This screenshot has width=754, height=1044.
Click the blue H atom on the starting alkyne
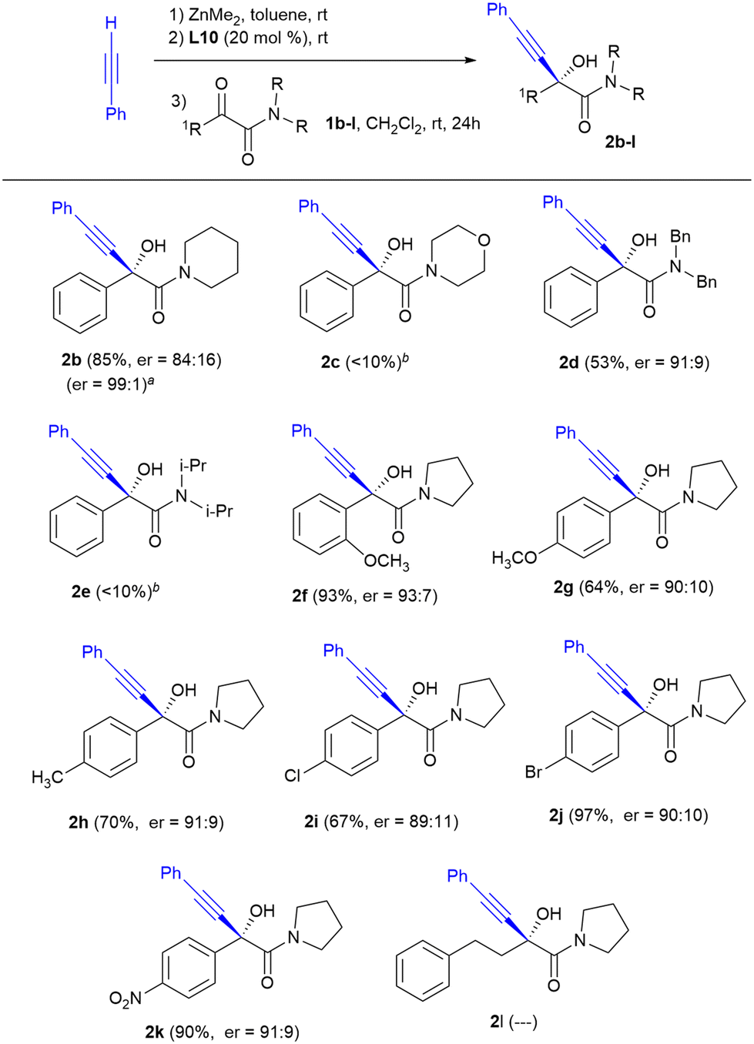coord(111,24)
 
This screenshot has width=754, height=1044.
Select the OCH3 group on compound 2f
coord(387,561)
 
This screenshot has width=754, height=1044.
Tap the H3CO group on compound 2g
coord(514,558)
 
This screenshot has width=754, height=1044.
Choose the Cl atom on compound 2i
coord(293,775)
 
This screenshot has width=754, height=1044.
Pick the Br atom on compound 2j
coord(534,771)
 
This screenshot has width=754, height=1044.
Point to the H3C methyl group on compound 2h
coord(47,778)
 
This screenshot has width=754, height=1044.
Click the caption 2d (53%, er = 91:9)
coord(634,361)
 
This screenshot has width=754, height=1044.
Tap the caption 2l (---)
coord(514,1022)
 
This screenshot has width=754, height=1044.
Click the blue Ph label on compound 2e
coord(59,432)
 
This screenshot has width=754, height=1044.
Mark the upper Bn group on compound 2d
coord(680,236)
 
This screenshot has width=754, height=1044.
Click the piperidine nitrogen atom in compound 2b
coord(183,272)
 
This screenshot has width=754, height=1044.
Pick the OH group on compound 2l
coord(548,914)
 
